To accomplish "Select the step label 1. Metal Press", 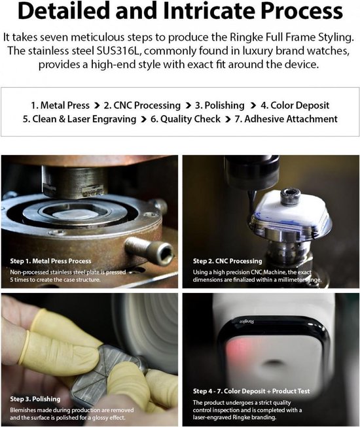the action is (60, 105).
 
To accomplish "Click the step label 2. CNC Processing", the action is (142, 105).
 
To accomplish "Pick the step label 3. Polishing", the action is (220, 105).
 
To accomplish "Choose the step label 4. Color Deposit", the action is (295, 105).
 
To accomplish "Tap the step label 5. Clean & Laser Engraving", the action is (79, 119).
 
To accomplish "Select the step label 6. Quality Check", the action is (185, 119).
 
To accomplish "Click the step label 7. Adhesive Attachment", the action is (286, 119).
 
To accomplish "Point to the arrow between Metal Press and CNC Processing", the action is (96, 106).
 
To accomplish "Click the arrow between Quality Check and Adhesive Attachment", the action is (228, 119).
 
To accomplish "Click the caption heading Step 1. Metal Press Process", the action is (50, 261).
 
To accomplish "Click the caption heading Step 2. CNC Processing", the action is (227, 261).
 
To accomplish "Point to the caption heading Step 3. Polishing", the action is (35, 399).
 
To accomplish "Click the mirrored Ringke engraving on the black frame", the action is (247, 322).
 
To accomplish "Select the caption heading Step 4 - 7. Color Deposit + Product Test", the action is (251, 391).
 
